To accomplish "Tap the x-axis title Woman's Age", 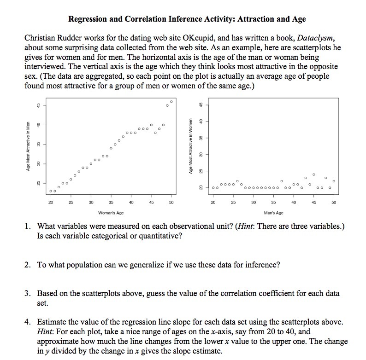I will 111,213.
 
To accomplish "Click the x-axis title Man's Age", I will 273,213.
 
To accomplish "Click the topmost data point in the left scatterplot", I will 171,102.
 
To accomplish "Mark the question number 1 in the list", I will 28,226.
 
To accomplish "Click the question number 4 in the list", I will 28,322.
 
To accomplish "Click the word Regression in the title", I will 89,19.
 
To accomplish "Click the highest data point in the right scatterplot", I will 313,174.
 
